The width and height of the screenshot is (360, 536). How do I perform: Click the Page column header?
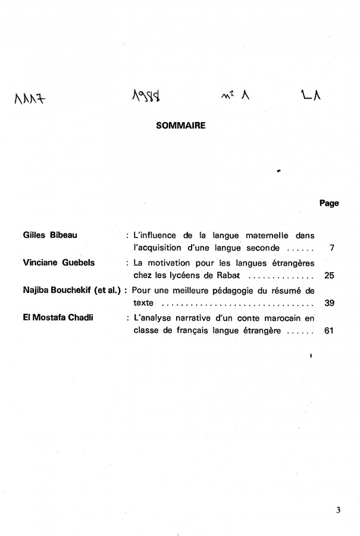click(x=328, y=203)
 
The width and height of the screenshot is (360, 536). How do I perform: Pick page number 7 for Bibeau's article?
click(x=331, y=247)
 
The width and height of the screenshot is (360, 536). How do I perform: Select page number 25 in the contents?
click(x=330, y=275)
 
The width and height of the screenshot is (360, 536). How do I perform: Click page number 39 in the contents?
click(x=330, y=303)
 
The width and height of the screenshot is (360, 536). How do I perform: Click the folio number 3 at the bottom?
click(x=338, y=510)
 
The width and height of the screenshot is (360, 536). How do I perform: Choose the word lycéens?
click(x=184, y=275)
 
